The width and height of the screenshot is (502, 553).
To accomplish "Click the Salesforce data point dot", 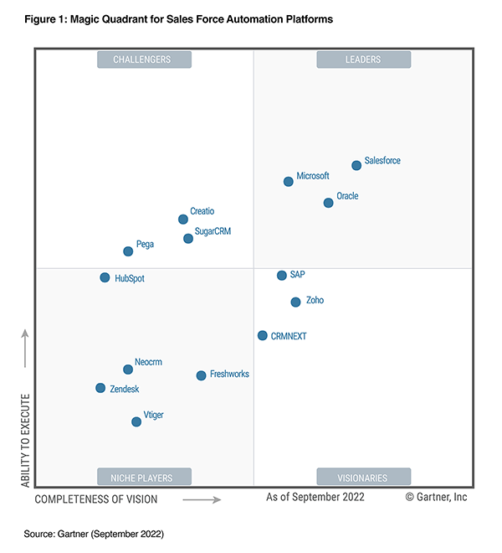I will tap(356, 165).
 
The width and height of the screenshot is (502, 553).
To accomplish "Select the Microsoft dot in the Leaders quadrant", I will tap(289, 181).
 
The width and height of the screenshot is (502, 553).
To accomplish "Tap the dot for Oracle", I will tap(328, 202).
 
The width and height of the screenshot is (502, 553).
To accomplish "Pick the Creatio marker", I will tap(183, 220).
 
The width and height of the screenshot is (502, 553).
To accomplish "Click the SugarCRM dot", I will tap(188, 238).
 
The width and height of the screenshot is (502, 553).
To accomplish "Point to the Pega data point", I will tap(128, 251).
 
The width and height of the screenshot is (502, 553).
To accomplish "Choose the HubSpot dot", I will tap(105, 277).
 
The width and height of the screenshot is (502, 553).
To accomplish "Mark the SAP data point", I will tap(282, 275).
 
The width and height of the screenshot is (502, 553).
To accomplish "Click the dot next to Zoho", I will tap(295, 302).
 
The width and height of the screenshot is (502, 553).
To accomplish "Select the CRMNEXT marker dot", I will tap(263, 335).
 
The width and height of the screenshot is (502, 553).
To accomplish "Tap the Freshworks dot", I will tap(201, 375).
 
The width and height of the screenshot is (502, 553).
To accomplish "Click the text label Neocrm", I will tap(148, 362).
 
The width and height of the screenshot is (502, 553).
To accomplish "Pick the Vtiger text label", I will tap(154, 415).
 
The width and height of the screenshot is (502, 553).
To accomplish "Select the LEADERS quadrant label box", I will tap(363, 59).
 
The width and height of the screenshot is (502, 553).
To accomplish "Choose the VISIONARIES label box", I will tap(363, 478).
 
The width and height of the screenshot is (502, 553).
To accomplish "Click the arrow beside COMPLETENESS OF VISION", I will tap(202, 499).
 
